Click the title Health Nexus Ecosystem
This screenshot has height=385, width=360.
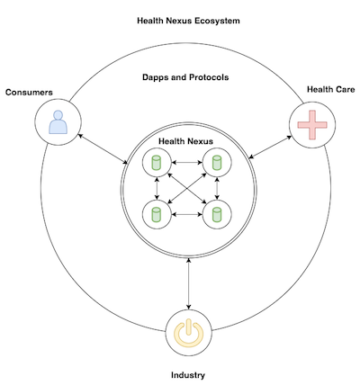[x=188, y=21]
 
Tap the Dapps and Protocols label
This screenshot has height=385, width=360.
[x=185, y=77]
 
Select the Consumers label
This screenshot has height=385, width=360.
[x=29, y=92]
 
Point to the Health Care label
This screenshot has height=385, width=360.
[x=330, y=89]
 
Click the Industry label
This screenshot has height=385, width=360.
[x=188, y=375]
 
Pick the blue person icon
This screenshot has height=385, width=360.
[x=58, y=122]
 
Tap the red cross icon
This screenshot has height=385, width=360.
[x=312, y=125]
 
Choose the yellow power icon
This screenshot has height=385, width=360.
[x=189, y=333]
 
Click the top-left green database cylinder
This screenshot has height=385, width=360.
[x=157, y=162]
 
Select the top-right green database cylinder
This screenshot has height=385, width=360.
[x=217, y=162]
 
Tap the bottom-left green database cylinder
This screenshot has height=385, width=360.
[x=157, y=214]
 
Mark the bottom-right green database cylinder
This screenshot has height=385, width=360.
[x=217, y=214]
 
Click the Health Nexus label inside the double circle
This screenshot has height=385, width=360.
[x=185, y=141]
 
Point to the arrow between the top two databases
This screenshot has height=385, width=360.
[x=186, y=163]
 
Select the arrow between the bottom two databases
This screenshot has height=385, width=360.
[x=186, y=214]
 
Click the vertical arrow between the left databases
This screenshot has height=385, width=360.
[x=157, y=188]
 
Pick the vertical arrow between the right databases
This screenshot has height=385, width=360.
[x=217, y=188]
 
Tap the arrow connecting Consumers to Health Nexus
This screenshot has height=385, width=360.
[x=103, y=148]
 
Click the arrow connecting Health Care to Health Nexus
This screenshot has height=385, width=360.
[x=270, y=147]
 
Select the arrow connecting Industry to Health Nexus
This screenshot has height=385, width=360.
[x=188, y=283]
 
